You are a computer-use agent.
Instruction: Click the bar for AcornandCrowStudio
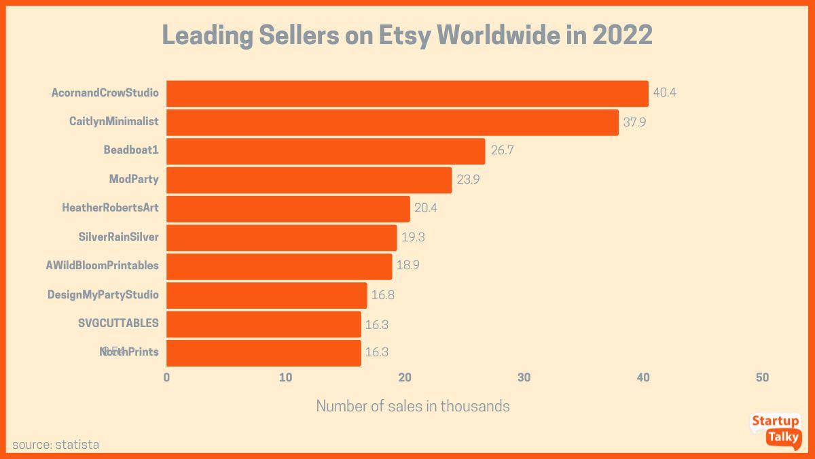click(x=407, y=93)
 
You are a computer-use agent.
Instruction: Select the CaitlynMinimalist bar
click(x=392, y=122)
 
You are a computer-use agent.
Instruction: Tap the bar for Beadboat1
click(x=325, y=151)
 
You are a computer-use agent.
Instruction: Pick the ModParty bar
click(x=309, y=180)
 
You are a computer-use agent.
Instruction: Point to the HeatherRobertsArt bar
click(x=288, y=209)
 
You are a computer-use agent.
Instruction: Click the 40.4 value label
click(x=664, y=92)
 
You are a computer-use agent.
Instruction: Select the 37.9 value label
click(x=634, y=122)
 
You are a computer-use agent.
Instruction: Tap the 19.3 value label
click(x=412, y=237)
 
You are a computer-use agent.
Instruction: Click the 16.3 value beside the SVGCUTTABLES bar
click(x=377, y=324)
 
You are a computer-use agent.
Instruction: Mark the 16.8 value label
click(x=382, y=295)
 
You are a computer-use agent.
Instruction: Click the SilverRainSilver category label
click(x=118, y=237)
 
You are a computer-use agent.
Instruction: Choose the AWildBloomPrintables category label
click(x=102, y=266)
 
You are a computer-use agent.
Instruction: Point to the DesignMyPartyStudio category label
click(x=103, y=295)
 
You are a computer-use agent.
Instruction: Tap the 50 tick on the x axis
click(x=762, y=377)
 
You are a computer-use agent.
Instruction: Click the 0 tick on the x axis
click(x=166, y=377)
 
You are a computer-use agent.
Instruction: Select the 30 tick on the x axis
click(x=524, y=377)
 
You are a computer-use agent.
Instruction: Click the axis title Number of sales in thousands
click(x=413, y=407)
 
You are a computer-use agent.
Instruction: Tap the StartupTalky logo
click(x=775, y=430)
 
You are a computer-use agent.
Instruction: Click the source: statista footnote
click(x=56, y=445)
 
